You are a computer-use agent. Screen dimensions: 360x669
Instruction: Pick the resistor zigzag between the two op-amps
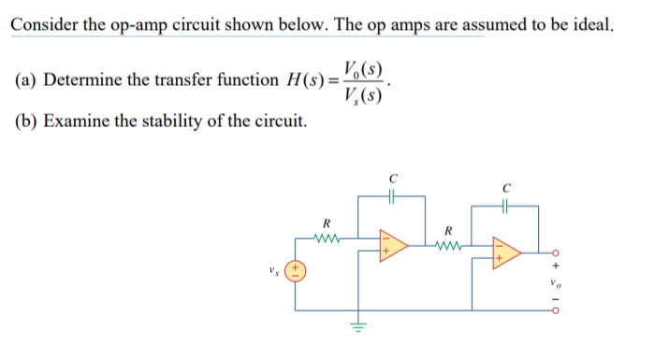tap(449, 248)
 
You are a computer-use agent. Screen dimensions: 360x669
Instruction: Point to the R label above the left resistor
tap(325, 223)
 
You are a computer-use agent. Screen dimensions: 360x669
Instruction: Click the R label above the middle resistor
tap(449, 231)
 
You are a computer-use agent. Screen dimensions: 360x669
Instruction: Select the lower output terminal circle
tap(555, 313)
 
